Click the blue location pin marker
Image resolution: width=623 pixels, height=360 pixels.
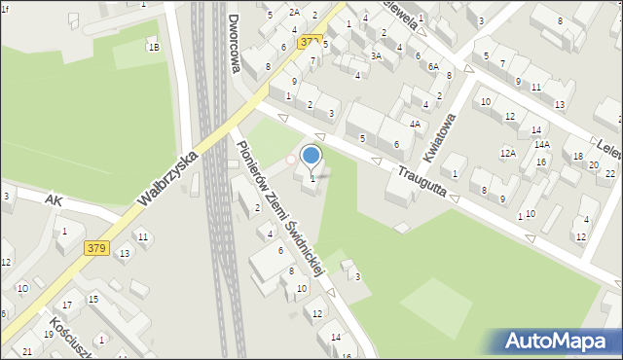tap(311, 156)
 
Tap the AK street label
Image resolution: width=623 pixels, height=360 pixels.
tap(55, 199)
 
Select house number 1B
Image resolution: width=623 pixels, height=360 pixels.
tap(153, 47)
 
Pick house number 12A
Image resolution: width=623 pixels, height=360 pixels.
tap(507, 153)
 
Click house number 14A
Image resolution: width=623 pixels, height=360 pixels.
tap(541, 145)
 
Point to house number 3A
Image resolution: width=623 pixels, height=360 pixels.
tap(376, 56)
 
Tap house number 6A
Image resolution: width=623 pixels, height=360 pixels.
tap(433, 66)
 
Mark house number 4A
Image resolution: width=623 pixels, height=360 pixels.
tap(415, 124)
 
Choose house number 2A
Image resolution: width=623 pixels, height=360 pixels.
tap(294, 13)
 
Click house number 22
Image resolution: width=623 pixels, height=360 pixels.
tap(610, 173)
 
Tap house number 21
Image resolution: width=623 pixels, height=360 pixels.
tap(27, 351)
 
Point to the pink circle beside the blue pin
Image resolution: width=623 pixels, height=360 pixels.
tap(289, 160)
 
